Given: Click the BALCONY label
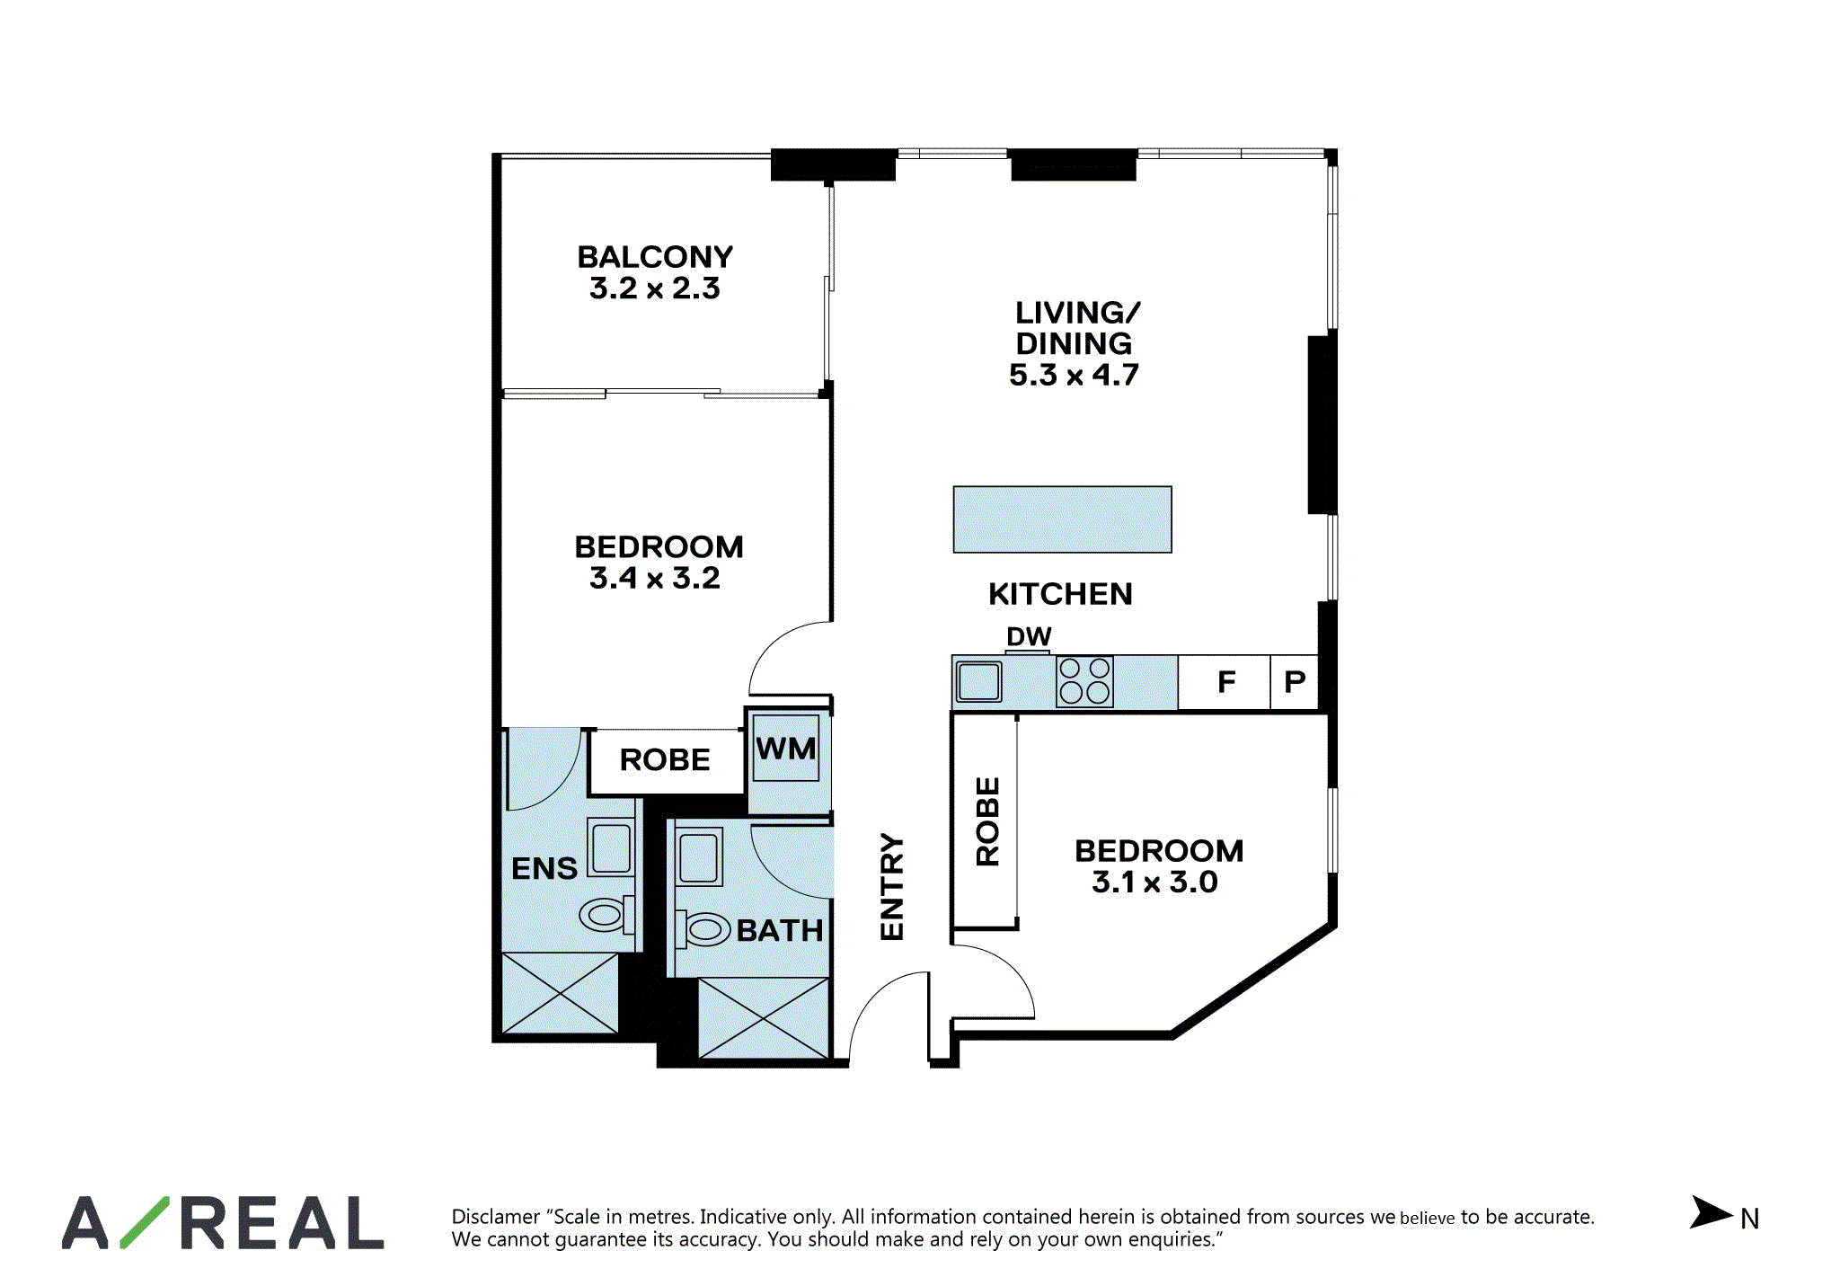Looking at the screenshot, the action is point(655,257).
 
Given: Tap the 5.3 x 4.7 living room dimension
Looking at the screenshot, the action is point(1074,375).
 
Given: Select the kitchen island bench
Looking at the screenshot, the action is point(1062,519).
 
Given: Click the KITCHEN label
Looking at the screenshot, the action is point(1060,594).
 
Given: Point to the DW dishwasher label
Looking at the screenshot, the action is point(1029,636).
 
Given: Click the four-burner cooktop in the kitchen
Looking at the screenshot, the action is point(1084,681).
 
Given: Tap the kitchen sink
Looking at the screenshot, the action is point(978,681).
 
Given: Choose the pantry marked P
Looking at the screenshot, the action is point(1294,682).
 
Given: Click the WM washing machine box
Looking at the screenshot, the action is point(785,748).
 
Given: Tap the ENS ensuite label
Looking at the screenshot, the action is point(544,868).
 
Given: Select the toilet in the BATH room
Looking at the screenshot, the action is point(703,929).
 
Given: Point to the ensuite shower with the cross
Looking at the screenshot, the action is point(560,993).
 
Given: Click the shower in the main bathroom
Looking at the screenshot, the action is point(764,1018).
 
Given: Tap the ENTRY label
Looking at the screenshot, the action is point(891,887).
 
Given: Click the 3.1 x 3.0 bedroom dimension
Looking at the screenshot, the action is point(1154,882).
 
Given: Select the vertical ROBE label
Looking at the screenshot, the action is point(987,821).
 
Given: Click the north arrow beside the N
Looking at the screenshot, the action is point(1710,1212).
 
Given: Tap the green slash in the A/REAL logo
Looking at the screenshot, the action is point(145,1222).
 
